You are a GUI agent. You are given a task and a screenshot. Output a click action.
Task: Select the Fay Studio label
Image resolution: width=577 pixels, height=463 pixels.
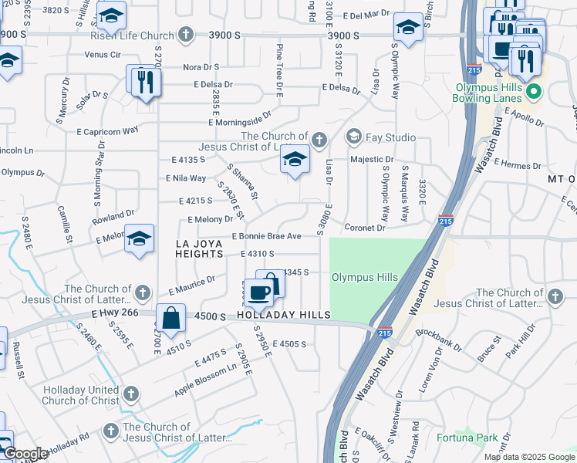[390, 137]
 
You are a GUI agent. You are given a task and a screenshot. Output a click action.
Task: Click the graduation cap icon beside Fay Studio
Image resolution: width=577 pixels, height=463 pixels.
[354, 137]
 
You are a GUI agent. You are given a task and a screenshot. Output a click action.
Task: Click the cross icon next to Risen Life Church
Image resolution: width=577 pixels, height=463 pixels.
[186, 35]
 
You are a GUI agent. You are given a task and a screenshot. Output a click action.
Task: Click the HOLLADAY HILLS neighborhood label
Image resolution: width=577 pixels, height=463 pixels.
[284, 315]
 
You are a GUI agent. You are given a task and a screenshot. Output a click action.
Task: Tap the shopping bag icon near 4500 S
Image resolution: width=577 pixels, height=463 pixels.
[170, 316]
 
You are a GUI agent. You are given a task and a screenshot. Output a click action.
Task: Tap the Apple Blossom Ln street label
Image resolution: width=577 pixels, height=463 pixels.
[205, 380]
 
